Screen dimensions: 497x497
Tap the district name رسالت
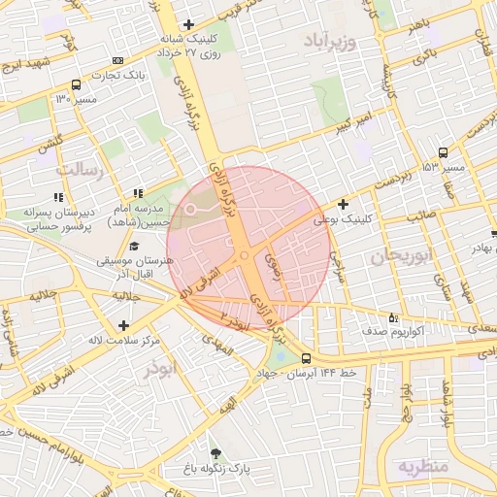[78, 169]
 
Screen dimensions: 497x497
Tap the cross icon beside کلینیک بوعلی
[342, 204]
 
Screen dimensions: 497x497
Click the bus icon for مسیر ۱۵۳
[444, 152]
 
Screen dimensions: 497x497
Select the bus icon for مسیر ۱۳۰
[77, 84]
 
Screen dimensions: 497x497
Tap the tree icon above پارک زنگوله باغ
[215, 453]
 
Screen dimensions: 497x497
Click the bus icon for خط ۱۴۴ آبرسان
[307, 357]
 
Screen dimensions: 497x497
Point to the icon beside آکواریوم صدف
[393, 316]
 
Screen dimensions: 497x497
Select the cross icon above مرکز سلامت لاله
[122, 325]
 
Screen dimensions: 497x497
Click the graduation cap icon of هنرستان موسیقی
[134, 247]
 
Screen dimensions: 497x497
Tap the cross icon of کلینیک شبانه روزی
[188, 24]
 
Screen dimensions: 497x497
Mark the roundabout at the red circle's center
[244, 256]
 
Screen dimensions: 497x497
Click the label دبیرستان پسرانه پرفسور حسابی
[56, 218]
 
